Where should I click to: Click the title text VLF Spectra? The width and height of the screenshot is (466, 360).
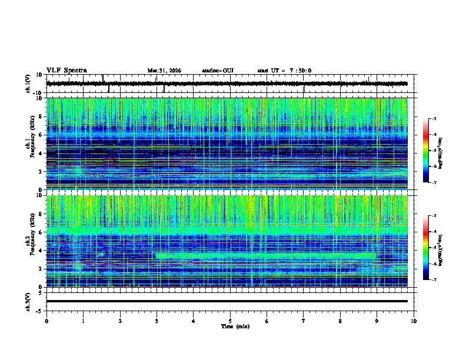coord(66,71)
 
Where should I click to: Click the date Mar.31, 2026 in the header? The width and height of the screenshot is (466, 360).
coord(164,71)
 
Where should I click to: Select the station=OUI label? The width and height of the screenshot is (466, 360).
coord(218,71)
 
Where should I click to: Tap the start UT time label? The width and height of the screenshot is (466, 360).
coord(284,71)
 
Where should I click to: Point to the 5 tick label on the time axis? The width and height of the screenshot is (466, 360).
coord(230,321)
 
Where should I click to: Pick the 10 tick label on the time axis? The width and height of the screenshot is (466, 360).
coord(414,321)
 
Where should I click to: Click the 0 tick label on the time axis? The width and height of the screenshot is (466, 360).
coord(46,321)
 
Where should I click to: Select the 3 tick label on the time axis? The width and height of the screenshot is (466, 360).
coord(157,321)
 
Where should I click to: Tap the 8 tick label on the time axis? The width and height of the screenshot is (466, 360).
coord(340,321)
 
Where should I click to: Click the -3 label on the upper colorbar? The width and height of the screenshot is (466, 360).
coord(434,119)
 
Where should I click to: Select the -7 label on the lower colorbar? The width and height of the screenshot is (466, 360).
coord(434,281)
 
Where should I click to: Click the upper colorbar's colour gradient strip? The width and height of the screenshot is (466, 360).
coord(425,151)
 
